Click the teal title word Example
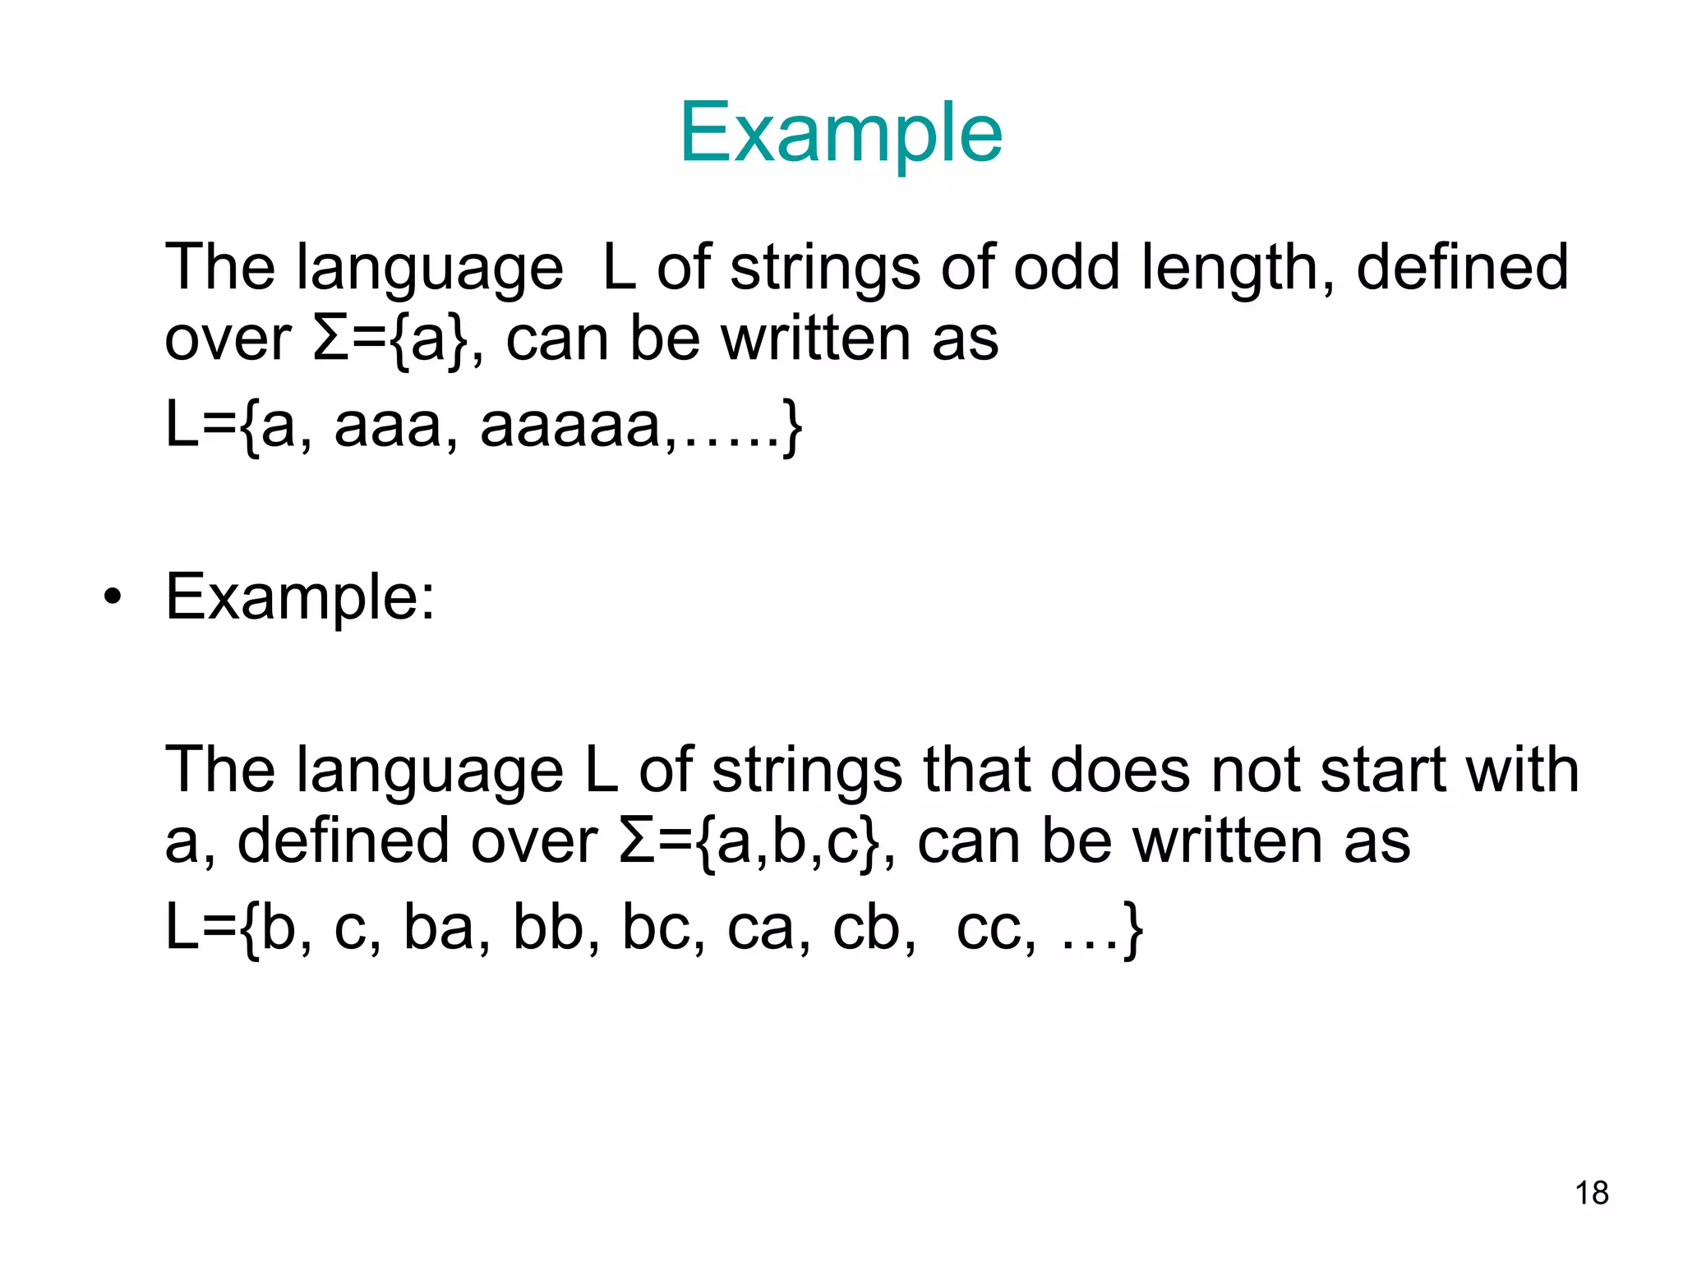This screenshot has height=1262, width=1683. click(x=841, y=134)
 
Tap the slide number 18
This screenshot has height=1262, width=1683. click(x=1592, y=1193)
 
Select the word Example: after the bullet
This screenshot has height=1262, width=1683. click(x=300, y=597)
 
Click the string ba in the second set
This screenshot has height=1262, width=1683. click(x=436, y=928)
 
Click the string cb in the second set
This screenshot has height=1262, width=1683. click(x=867, y=928)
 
